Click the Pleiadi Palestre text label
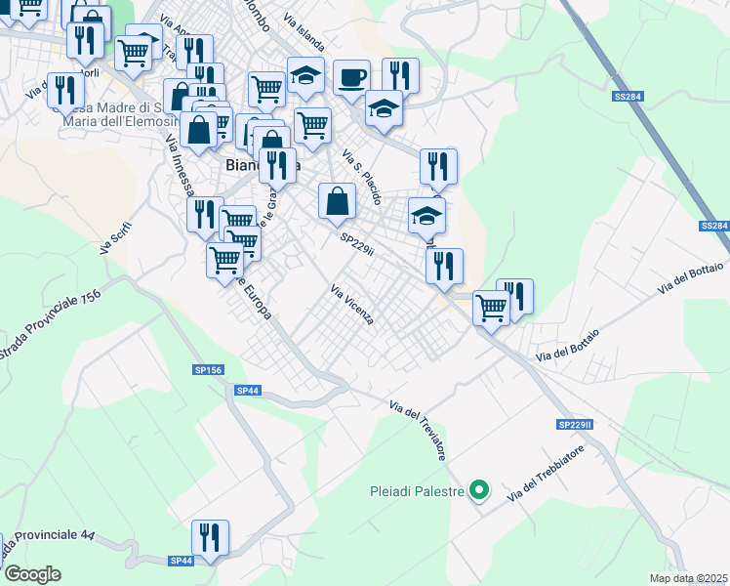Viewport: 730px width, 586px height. [416, 491]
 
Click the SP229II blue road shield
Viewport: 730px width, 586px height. [576, 425]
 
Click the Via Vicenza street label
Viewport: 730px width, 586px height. [352, 305]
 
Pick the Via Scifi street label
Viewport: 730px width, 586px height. [115, 238]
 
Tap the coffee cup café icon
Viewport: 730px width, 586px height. [351, 76]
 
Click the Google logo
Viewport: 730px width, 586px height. [32, 574]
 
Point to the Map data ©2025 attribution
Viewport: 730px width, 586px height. [689, 578]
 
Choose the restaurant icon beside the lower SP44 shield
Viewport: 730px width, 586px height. [210, 536]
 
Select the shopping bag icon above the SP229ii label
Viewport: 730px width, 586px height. [337, 201]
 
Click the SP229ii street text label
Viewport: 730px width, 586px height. [357, 244]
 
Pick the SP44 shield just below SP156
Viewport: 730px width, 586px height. [248, 390]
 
